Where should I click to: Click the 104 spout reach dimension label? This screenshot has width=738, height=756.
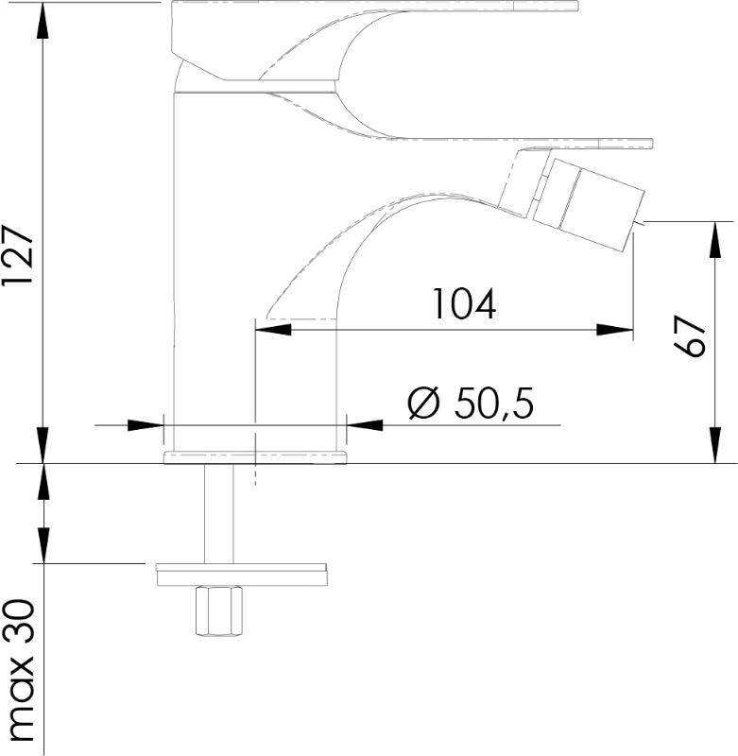(x=464, y=303)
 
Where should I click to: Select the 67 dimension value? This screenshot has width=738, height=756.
(x=690, y=336)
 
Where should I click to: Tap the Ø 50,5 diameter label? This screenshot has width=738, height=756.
(x=471, y=404)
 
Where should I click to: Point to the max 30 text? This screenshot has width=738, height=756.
(x=20, y=671)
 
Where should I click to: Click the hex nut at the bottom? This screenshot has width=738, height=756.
(x=219, y=611)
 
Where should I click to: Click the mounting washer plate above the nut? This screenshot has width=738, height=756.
(x=242, y=575)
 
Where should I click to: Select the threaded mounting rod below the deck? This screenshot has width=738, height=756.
(x=219, y=513)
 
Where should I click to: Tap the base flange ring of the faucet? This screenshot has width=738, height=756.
(x=255, y=457)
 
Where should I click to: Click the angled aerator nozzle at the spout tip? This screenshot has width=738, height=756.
(x=588, y=204)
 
